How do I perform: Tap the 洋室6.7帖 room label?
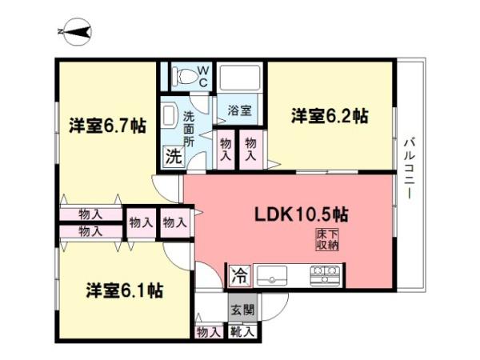click(106, 125)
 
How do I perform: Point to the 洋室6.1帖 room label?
click(125, 290)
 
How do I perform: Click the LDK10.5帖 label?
click(300, 214)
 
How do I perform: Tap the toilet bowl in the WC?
click(182, 77)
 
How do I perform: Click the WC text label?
click(203, 77)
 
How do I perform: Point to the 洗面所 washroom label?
click(188, 127)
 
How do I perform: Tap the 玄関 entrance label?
click(242, 309)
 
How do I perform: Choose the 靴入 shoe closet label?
click(242, 330)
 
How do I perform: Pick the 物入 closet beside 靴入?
click(209, 330)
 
